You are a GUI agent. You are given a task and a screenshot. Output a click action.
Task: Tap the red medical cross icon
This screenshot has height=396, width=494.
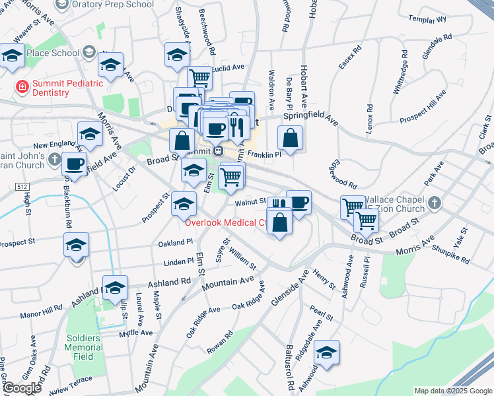click(x=22, y=86)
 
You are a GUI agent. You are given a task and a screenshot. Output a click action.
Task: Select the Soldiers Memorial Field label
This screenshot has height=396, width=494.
click(x=83, y=347)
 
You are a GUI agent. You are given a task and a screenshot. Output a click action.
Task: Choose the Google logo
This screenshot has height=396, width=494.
click(x=22, y=388)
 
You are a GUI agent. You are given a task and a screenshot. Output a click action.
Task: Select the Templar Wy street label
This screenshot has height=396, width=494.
click(x=427, y=19)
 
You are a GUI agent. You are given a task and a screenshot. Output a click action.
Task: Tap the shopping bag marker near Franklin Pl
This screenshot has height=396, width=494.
click(x=289, y=139)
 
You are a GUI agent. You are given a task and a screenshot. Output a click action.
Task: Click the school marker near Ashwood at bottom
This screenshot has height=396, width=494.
click(x=326, y=354)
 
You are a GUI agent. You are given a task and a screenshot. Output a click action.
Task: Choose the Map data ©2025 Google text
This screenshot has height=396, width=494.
click(x=452, y=391)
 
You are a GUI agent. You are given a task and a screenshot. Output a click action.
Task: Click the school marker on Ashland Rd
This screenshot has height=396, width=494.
click(x=115, y=288)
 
